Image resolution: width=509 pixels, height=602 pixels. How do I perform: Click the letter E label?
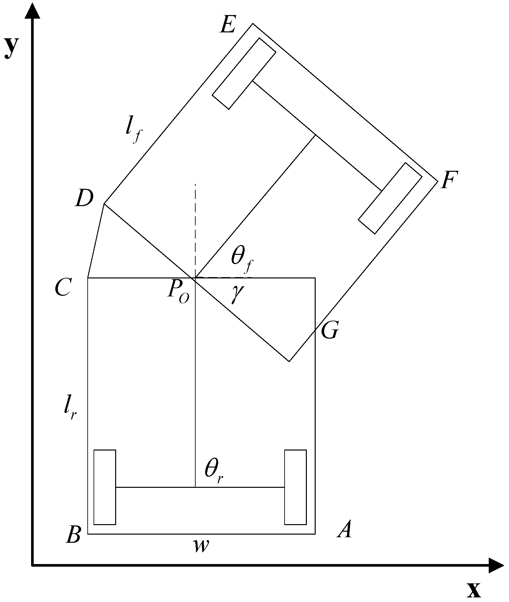[228, 25]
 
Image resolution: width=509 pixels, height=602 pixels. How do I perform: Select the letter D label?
[84, 199]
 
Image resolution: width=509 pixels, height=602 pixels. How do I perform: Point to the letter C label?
[62, 288]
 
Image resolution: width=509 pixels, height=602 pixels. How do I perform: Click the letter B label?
[73, 535]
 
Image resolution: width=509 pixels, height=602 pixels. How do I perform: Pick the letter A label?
[344, 529]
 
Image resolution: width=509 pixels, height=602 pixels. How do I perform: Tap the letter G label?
[329, 331]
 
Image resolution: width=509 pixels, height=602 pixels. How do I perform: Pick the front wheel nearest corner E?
[244, 74]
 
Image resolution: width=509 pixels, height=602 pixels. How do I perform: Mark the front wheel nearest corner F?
[390, 198]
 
